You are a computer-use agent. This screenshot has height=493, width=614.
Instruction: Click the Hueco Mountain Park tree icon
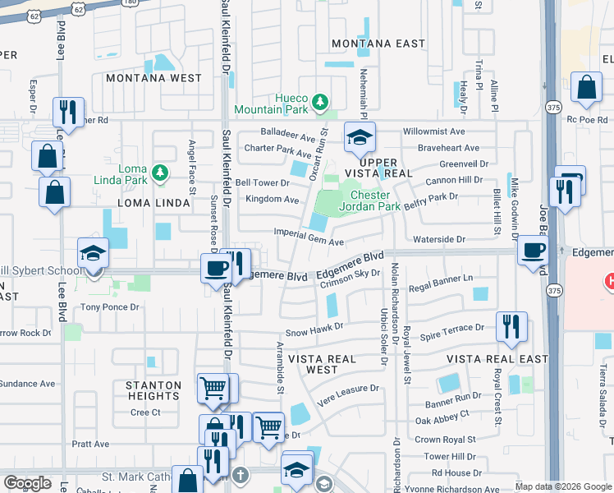(x=321, y=103)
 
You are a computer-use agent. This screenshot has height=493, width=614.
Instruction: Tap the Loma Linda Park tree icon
(x=161, y=173)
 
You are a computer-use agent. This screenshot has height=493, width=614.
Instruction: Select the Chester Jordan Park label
(x=375, y=201)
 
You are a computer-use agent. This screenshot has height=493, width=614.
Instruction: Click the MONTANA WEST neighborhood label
(x=153, y=78)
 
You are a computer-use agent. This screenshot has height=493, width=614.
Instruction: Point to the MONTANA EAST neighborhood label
(x=378, y=44)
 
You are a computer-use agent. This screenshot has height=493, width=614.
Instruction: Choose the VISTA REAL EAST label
(x=497, y=359)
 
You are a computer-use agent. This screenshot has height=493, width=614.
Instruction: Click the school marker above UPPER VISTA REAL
(x=360, y=138)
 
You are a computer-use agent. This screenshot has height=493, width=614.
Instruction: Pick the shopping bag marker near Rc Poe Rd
(x=588, y=89)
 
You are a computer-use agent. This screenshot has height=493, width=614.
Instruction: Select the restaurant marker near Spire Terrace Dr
(x=511, y=325)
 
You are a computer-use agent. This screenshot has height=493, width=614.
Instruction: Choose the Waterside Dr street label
(x=440, y=239)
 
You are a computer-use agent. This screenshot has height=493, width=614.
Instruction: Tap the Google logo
(x=28, y=483)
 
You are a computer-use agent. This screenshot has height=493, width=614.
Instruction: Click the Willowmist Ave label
(x=434, y=131)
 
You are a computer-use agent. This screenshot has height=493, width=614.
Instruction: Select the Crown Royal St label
(x=445, y=440)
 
